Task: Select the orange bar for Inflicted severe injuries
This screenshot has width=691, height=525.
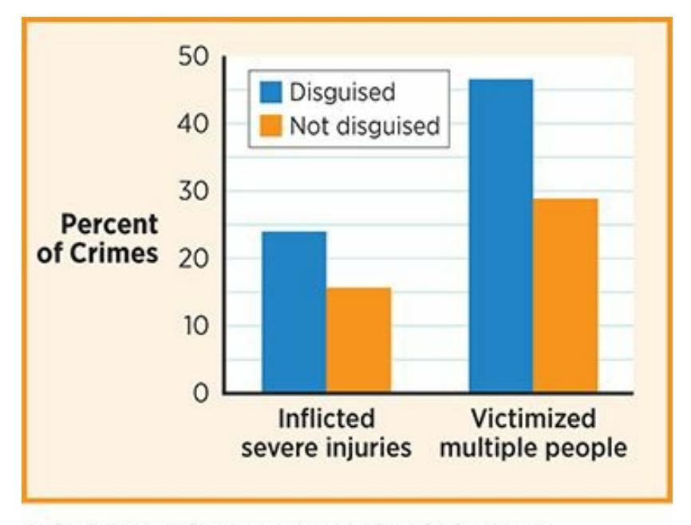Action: point(358,340)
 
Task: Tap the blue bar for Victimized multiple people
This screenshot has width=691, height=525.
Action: point(500,235)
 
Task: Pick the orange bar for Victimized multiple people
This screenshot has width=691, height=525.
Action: point(565,295)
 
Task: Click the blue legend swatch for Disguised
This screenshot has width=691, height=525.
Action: point(271,93)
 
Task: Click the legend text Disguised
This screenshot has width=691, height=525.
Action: point(342,93)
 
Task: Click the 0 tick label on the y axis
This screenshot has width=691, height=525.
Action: point(198,393)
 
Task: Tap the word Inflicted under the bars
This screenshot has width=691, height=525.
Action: point(326,420)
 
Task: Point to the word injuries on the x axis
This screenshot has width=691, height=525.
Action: point(370,448)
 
